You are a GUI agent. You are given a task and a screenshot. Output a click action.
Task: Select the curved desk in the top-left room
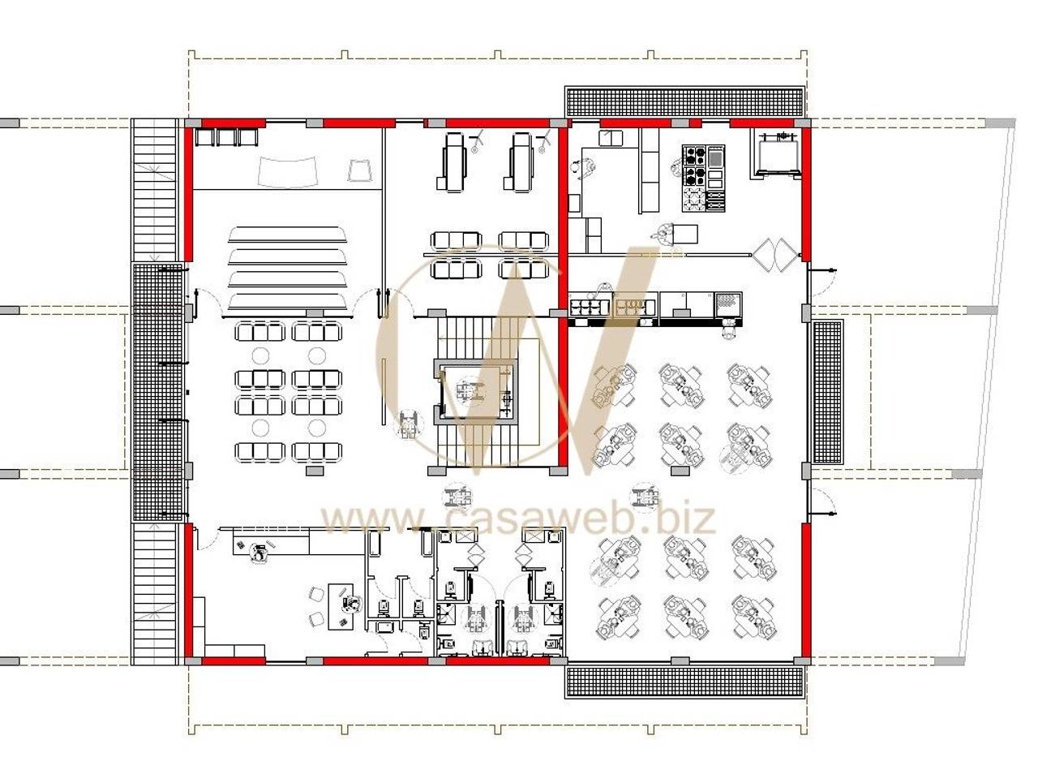coord(288,171)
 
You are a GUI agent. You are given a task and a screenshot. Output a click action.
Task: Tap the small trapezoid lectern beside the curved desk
coord(359,170)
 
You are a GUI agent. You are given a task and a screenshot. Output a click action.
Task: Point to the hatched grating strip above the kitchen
coord(684,101)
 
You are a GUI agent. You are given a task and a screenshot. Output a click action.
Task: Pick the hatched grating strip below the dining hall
coord(684,682)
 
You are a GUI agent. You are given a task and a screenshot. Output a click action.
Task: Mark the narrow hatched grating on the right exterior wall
coord(828,392)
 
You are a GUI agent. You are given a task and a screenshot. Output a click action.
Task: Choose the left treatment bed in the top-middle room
coord(453,161)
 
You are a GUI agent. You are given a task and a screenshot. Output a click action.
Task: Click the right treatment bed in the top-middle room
coord(521,161)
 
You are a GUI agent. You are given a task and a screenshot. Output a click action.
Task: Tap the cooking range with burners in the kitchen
coord(703,178)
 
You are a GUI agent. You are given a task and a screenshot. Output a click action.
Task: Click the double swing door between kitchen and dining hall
coord(774,255)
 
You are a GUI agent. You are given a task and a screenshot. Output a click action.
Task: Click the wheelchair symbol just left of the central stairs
coord(407,424)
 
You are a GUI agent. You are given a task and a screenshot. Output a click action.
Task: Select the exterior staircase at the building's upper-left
coord(155,190)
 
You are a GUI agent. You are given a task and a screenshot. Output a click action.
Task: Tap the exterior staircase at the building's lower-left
coord(155,594)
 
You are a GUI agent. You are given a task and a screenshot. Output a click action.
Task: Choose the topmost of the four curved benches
coord(288,235)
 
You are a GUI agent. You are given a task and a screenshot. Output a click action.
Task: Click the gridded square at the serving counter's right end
coord(727,304)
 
